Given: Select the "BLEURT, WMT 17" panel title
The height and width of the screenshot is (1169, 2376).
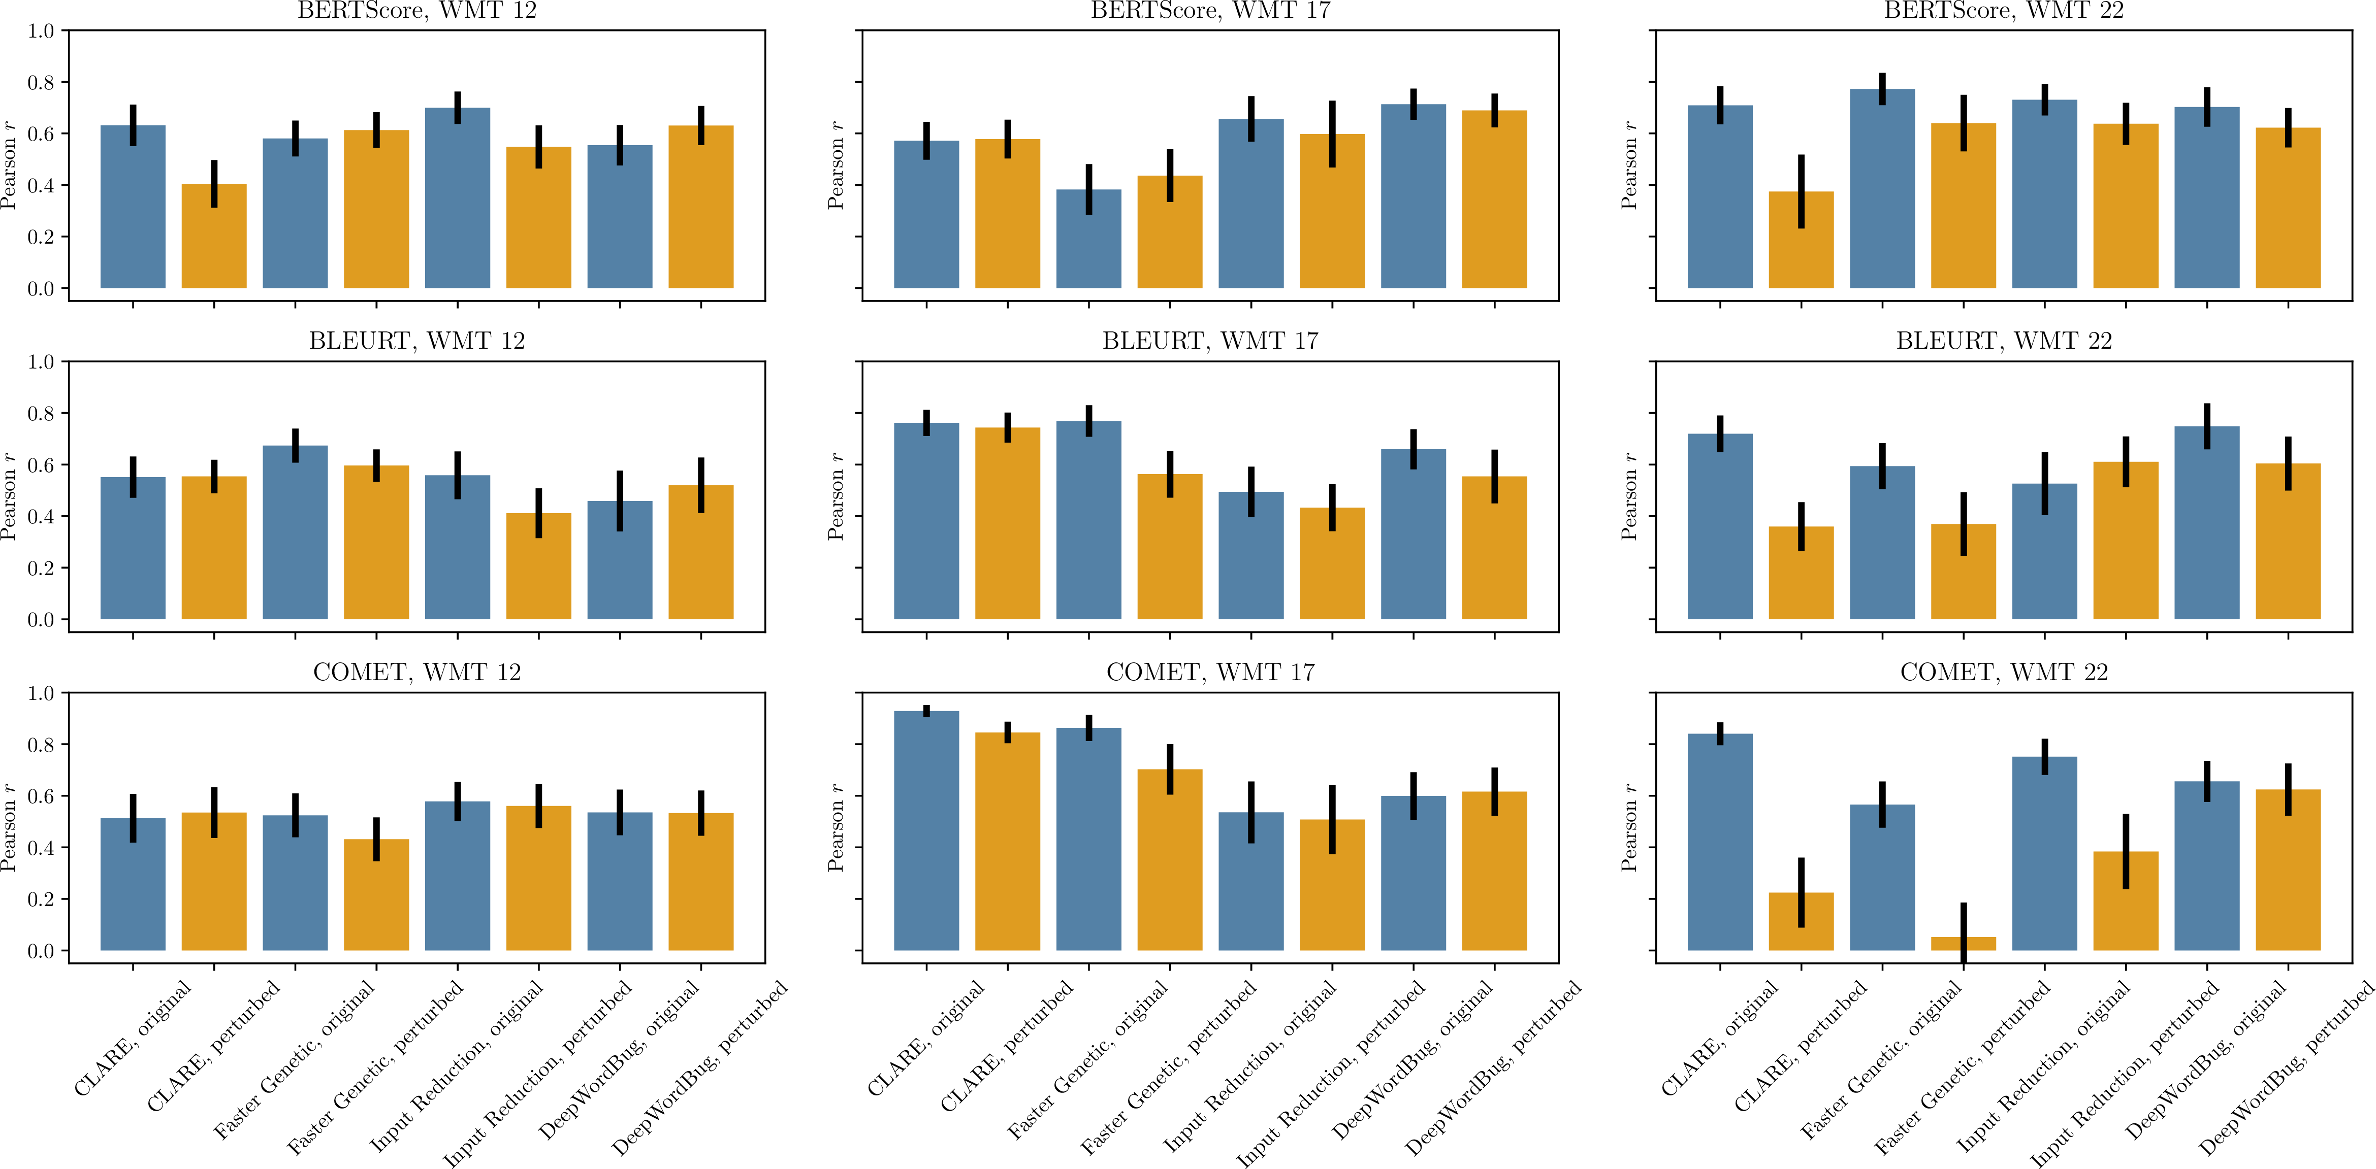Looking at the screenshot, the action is (1210, 341).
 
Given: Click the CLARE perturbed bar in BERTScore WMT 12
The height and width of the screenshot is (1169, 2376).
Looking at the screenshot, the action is (214, 236).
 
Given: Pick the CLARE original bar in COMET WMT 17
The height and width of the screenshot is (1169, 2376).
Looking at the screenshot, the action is (926, 830).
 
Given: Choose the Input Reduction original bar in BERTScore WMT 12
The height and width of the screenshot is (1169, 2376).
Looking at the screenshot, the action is (458, 198).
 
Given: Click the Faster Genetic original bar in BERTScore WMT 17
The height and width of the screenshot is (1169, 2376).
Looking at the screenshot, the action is (1088, 239).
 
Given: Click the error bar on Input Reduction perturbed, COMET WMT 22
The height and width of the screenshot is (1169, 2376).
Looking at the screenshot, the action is (2126, 851).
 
